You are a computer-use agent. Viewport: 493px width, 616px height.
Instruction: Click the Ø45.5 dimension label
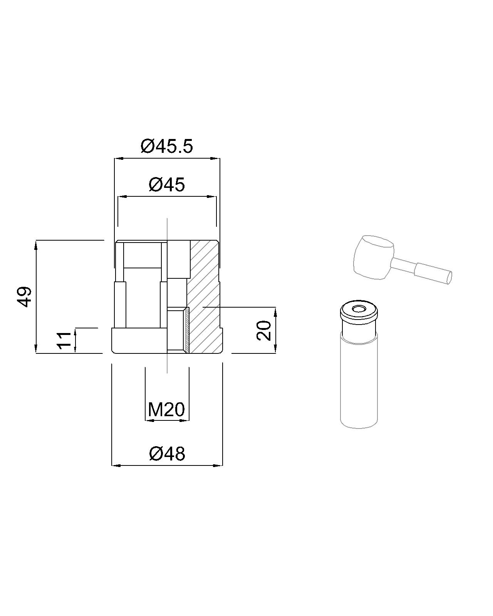167,146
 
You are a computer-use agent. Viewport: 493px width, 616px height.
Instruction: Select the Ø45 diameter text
167,184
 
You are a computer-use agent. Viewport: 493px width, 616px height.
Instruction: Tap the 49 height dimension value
24,296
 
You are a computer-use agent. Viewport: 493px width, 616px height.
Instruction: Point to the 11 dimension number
64,340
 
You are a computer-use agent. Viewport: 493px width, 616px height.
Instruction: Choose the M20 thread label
166,410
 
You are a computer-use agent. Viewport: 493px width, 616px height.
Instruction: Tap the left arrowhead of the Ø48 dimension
116,466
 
